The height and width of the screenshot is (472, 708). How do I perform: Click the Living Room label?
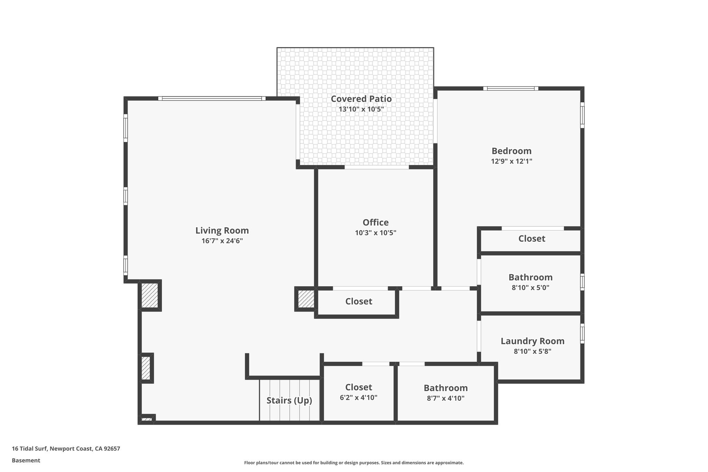pos(222,231)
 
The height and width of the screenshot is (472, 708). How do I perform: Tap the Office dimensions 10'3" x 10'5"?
pos(375,233)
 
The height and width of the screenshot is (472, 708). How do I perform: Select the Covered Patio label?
pos(361,99)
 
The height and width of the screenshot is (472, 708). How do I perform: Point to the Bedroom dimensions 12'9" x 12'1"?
pos(511,161)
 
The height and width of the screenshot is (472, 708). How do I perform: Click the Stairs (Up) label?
pos(289,400)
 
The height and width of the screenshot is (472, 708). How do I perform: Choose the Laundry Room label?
pos(532,341)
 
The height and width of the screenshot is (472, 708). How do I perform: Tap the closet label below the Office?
pos(358,302)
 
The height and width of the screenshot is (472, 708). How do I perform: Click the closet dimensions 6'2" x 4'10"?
pos(358,398)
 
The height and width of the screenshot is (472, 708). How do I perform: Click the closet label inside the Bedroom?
pos(532,239)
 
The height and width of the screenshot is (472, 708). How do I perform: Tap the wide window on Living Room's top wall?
pos(212,99)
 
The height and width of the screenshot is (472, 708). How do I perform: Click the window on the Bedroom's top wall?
pos(511,89)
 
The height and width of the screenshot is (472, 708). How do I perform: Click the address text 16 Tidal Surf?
pos(66,449)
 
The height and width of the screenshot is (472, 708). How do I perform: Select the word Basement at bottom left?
pos(26,461)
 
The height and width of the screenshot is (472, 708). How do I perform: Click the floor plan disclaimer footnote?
pos(354,463)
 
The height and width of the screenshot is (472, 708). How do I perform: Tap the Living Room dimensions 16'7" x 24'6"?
pos(222,241)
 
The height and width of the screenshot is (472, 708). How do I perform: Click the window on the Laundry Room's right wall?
pos(582,333)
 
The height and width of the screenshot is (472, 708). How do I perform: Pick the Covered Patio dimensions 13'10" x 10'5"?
pos(361,109)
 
